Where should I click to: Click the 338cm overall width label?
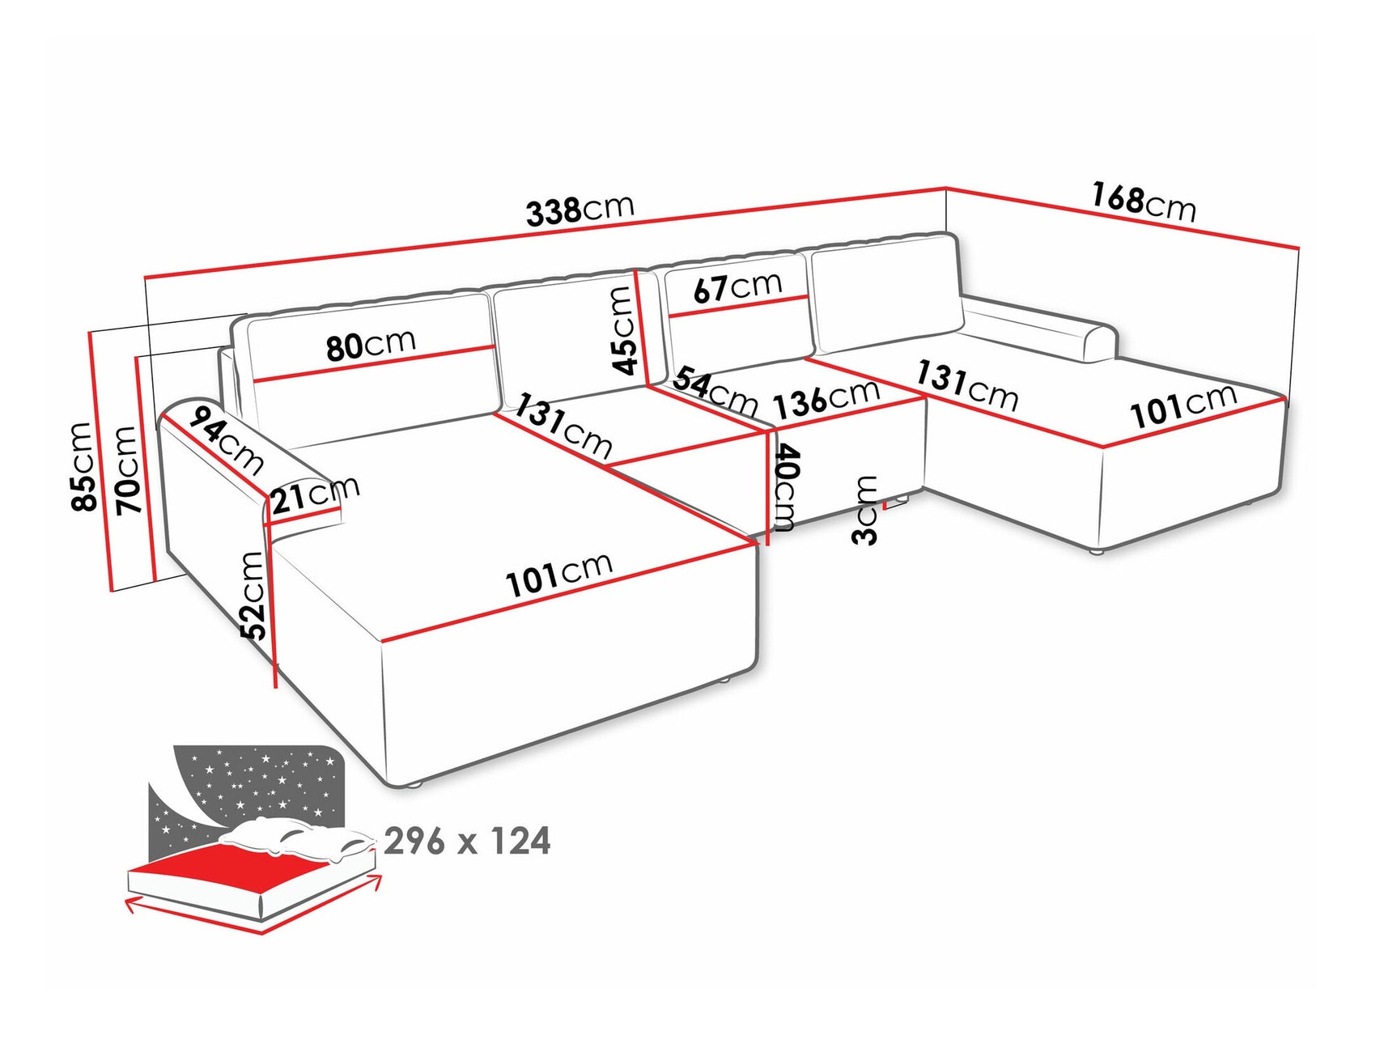[580, 210]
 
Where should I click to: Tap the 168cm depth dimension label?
[1143, 202]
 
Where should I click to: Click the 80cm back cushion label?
[371, 345]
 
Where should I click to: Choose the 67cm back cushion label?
[737, 286]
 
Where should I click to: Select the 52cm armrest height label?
[253, 596]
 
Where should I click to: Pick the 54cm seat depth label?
[714, 391]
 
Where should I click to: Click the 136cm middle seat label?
[826, 399]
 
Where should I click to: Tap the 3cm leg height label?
[865, 511]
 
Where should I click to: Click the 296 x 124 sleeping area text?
[467, 842]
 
